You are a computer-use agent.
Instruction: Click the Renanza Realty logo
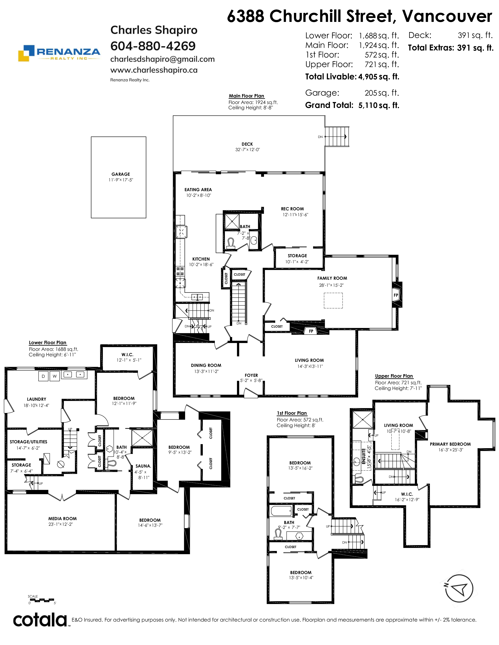(59, 53)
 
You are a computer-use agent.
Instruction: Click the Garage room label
(121, 174)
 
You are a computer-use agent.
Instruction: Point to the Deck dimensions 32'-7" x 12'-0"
(247, 150)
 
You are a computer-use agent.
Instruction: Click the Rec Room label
(292, 209)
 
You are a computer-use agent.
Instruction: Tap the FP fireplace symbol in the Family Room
(396, 295)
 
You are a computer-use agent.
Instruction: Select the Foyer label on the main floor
(251, 375)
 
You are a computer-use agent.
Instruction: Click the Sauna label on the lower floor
(143, 466)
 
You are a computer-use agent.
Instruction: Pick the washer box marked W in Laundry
(55, 376)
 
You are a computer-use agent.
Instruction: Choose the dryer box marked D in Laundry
(43, 376)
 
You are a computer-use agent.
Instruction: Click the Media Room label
(62, 519)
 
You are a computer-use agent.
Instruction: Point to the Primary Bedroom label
(450, 444)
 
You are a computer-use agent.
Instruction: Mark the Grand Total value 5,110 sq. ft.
(379, 105)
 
